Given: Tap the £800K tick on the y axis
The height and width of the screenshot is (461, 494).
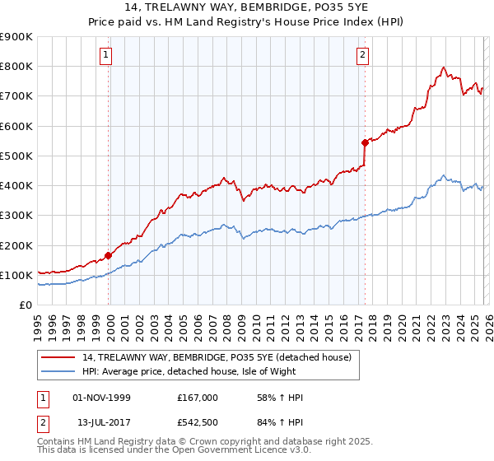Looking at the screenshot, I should pos(16,67).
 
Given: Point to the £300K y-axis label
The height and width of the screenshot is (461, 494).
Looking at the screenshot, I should pos(16,216).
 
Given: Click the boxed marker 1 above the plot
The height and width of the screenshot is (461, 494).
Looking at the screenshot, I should pos(107,56).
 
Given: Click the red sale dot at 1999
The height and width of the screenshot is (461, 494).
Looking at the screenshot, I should pos(108,255).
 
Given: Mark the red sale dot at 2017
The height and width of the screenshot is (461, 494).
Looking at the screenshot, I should pos(364,142).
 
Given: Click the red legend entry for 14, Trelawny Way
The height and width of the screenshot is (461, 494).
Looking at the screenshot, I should pos(217,357).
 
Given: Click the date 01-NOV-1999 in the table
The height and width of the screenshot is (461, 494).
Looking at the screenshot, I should pos(102,398).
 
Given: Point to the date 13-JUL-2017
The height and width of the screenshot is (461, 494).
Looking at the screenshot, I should pos(102,423).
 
